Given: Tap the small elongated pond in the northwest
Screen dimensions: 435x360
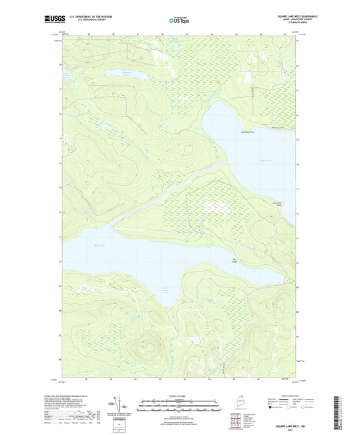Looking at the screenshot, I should [122, 70].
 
